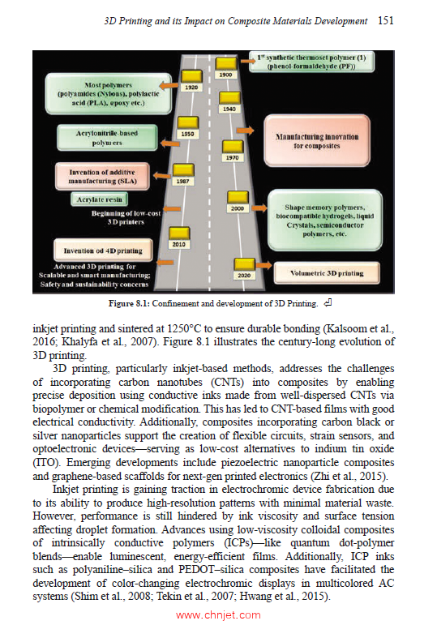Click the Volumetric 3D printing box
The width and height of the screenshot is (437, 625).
click(327, 274)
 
